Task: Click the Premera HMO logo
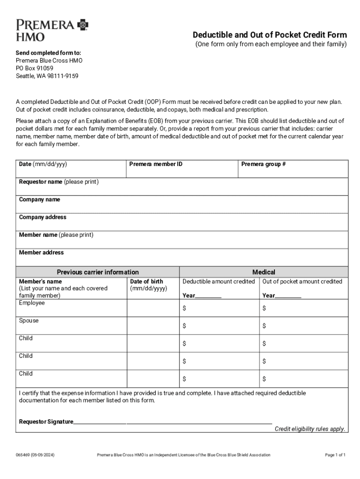tap(52, 30)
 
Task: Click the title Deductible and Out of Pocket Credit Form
tap(270, 35)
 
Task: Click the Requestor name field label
tap(58, 181)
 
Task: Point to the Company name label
tap(39, 199)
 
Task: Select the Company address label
tap(43, 217)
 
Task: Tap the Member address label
tap(41, 253)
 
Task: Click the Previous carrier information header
tap(98, 272)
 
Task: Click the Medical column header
tap(264, 272)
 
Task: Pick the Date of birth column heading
tap(146, 281)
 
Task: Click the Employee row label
tap(32, 303)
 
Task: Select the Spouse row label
tap(29, 320)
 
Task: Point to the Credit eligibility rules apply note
tap(310, 429)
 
